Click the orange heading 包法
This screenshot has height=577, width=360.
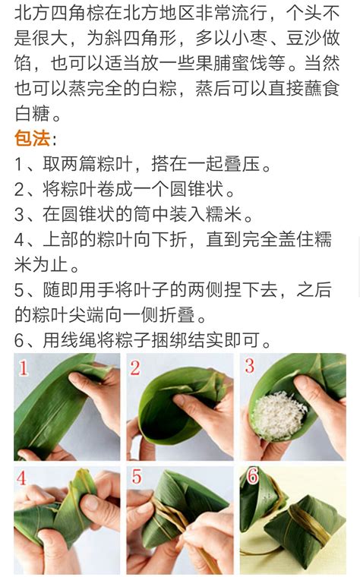pyautogui.click(x=32, y=138)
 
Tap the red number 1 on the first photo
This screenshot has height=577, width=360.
pyautogui.click(x=24, y=367)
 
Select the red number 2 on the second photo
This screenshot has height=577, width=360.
pyautogui.click(x=135, y=368)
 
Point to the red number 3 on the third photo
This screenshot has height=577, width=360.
pyautogui.click(x=250, y=366)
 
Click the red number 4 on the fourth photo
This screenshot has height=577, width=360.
pyautogui.click(x=21, y=478)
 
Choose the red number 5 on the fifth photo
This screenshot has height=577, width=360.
pyautogui.click(x=137, y=476)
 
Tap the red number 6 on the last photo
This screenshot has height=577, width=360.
pyautogui.click(x=252, y=476)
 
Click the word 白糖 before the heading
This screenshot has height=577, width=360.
pyautogui.click(x=32, y=113)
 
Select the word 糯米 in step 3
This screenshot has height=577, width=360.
pyautogui.click(x=223, y=214)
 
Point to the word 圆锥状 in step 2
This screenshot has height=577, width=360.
pyautogui.click(x=197, y=189)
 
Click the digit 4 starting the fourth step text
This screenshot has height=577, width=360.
pyautogui.click(x=19, y=240)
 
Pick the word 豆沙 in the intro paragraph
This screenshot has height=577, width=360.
pyautogui.click(x=304, y=38)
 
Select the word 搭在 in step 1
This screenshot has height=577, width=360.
pyautogui.click(x=169, y=164)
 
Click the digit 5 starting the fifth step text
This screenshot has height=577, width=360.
pyautogui.click(x=19, y=290)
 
